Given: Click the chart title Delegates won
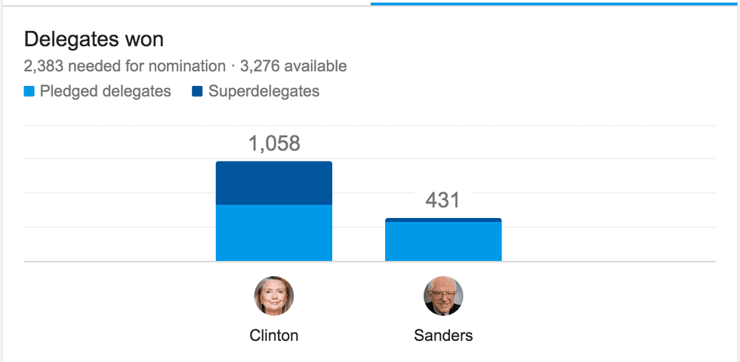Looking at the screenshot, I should tap(94, 39).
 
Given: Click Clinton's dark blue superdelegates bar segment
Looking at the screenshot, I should tap(273, 183).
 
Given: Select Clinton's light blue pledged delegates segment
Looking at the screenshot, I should tap(273, 232).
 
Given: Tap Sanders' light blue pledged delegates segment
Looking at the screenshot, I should tap(443, 241).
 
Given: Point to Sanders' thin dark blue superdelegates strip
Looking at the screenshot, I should tap(443, 220).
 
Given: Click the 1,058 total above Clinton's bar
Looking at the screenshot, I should tap(274, 143).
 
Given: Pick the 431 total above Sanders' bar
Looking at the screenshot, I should tap(442, 200).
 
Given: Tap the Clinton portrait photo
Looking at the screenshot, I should tap(273, 296).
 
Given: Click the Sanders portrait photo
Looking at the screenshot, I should tap(443, 296).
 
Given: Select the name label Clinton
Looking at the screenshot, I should tap(273, 336).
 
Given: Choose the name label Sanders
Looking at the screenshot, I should tap(443, 336).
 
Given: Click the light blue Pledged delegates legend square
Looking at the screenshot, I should tap(29, 92).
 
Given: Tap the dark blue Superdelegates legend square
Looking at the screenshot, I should tap(198, 92).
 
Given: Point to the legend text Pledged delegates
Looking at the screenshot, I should tap(105, 92).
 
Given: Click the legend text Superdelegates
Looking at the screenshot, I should tap(264, 92).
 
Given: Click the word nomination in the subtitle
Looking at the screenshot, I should tap(187, 66).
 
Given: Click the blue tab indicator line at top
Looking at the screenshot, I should tap(555, 4).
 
